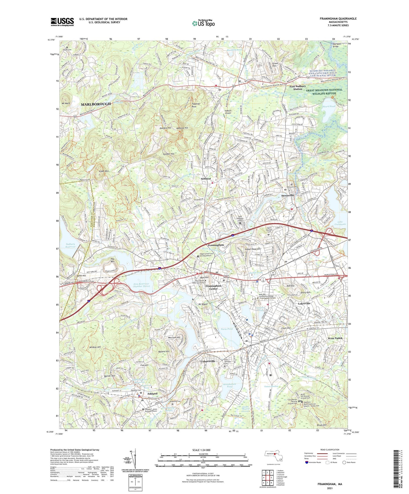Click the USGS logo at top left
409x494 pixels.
click(x=62, y=22)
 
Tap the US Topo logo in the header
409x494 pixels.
click(x=203, y=23)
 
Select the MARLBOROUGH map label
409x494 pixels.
click(x=96, y=104)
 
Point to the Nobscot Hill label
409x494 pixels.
click(x=182, y=128)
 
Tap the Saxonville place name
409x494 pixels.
click(x=288, y=196)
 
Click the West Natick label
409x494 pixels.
click(x=335, y=338)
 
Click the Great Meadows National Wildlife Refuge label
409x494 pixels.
click(x=324, y=91)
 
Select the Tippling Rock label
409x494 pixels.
click(x=196, y=105)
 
